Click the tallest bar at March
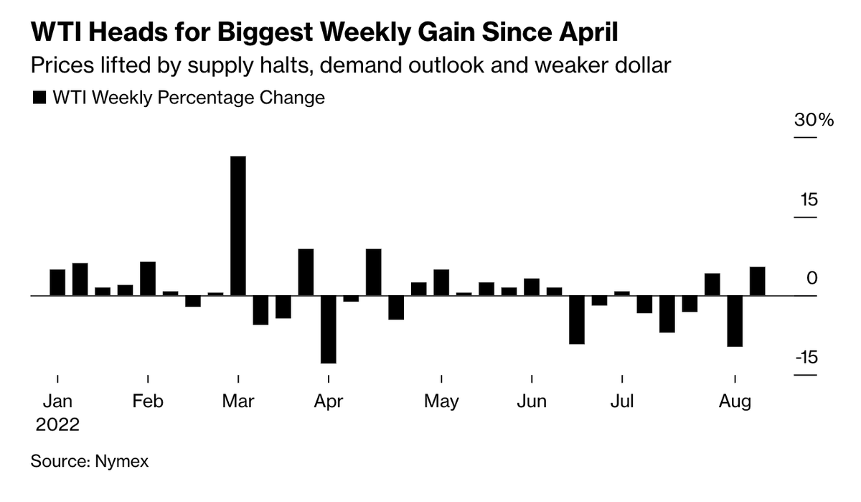tap(237, 226)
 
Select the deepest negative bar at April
tap(328, 330)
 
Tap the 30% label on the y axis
tap(814, 121)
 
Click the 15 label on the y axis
tap(809, 200)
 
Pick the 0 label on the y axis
tap(812, 279)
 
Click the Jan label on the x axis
tap(57, 401)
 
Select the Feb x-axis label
tap(148, 401)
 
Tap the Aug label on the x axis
tap(735, 401)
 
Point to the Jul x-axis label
tap(622, 401)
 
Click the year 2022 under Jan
tap(57, 424)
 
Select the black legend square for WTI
tap(39, 98)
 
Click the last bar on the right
tap(757, 281)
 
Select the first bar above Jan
tap(57, 282)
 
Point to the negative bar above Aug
tap(735, 321)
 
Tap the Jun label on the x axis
tap(532, 401)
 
